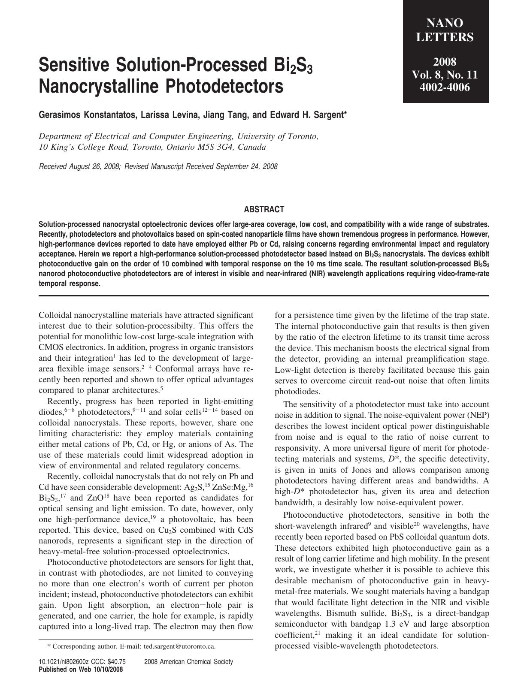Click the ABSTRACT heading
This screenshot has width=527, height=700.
tap(264, 210)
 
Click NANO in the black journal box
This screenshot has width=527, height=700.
tap(445, 23)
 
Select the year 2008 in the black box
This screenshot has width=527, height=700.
tap(445, 62)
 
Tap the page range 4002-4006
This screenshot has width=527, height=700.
tap(445, 87)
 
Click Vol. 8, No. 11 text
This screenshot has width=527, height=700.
tap(445, 75)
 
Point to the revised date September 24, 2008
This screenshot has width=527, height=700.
tap(247, 166)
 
